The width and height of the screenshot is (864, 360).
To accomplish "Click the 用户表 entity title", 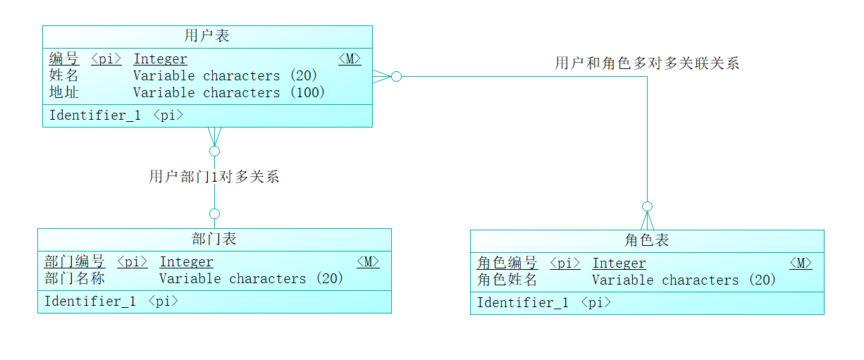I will pos(206,35).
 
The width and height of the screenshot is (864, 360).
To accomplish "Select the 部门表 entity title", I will pos(214,238).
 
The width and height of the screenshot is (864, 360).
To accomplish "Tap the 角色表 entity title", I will pos(646,240).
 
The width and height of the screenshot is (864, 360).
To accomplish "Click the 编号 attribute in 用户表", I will pos(63,58).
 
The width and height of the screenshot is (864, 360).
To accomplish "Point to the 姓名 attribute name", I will pos(63,75).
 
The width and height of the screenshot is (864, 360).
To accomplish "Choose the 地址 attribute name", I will pos(63,92).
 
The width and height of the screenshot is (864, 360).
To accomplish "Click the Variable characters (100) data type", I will pos(229,92).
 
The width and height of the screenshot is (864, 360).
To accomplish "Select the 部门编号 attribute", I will pos(75,261).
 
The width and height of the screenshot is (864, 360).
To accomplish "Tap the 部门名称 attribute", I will pos(75,278).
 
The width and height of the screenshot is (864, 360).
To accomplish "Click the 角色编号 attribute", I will pos(507,263).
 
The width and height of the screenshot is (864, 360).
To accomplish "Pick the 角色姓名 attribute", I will pos(507,280).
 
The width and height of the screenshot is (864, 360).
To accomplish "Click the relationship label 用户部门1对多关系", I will pos(214,176).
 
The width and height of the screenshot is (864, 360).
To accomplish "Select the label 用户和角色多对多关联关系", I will pos(647,63).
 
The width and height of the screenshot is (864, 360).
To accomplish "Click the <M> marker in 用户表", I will pos(350,58).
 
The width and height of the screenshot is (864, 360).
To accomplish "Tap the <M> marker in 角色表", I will pos(801,263).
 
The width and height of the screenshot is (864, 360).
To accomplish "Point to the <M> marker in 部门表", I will pos(368,261).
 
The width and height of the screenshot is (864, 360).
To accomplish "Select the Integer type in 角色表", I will pos(619,263).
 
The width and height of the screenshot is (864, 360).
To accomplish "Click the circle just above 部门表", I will pos(214,213).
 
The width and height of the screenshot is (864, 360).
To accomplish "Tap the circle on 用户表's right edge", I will pos(396,76).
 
